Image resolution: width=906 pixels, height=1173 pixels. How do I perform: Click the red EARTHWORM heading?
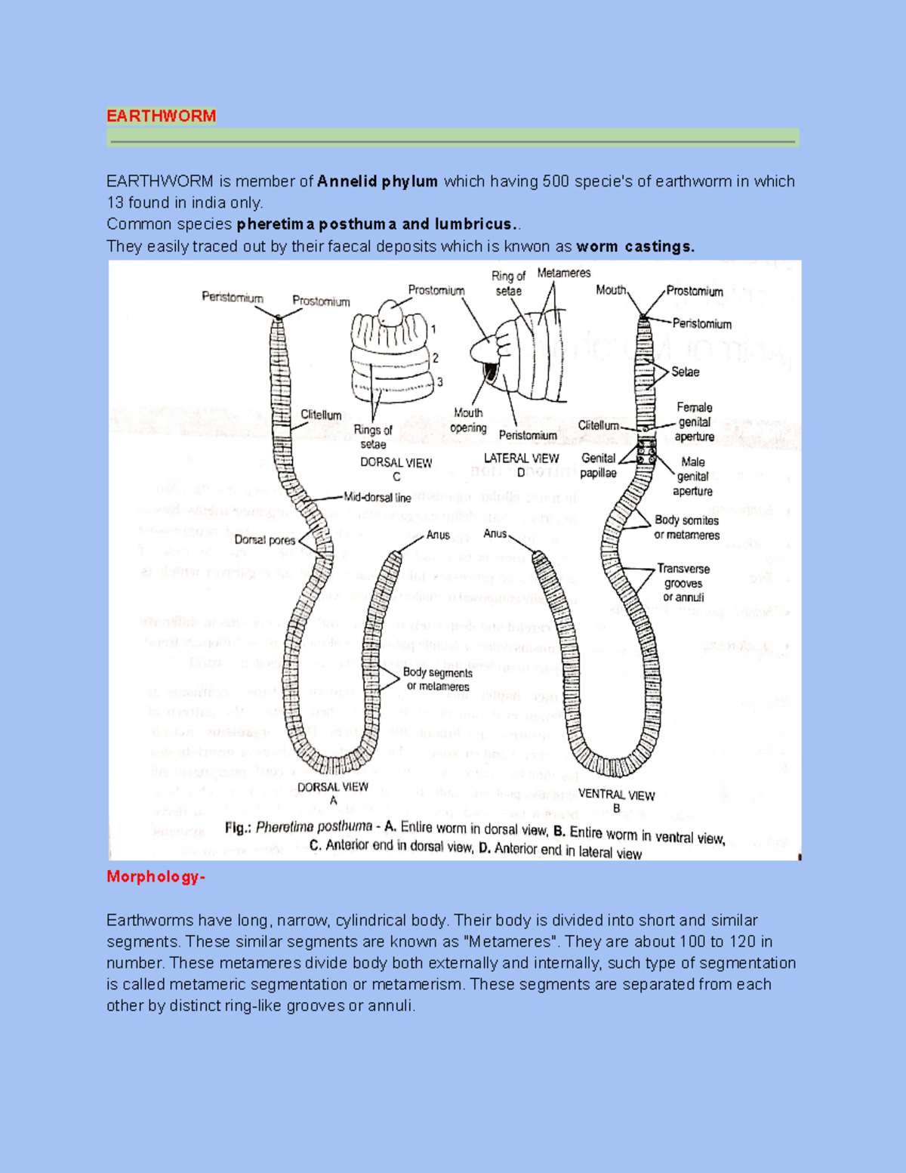coord(161,116)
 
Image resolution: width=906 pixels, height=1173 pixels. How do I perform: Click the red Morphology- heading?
coord(156,876)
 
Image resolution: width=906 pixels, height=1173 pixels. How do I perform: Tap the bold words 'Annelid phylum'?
coord(377,181)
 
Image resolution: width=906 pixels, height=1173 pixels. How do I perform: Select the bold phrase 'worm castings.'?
coord(635,246)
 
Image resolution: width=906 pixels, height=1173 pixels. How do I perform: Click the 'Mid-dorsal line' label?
coord(377,498)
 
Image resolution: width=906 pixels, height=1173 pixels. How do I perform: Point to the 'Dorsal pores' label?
coord(264,540)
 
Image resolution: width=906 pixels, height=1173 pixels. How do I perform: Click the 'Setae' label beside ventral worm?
coord(685,372)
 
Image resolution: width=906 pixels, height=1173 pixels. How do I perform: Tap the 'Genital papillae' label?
coord(598,465)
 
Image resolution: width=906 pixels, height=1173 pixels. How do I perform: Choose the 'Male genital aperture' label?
coord(692,476)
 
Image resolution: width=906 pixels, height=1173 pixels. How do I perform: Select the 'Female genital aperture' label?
coord(694,421)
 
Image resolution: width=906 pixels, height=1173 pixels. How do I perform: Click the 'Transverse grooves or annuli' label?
coord(683,582)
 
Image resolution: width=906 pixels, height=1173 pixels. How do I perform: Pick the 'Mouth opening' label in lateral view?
coord(468,420)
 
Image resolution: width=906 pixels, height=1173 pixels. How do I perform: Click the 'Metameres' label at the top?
coord(563,273)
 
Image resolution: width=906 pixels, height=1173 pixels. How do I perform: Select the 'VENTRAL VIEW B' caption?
coord(616,801)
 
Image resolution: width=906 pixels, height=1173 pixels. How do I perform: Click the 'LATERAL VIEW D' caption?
coord(521,464)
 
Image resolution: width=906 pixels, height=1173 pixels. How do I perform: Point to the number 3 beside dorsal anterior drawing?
coord(439,382)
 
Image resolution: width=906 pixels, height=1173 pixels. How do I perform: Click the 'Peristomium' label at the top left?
coord(232,298)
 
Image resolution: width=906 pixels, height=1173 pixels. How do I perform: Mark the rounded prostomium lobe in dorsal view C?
coord(392,312)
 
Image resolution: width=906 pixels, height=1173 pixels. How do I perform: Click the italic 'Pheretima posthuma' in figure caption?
coord(314,827)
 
